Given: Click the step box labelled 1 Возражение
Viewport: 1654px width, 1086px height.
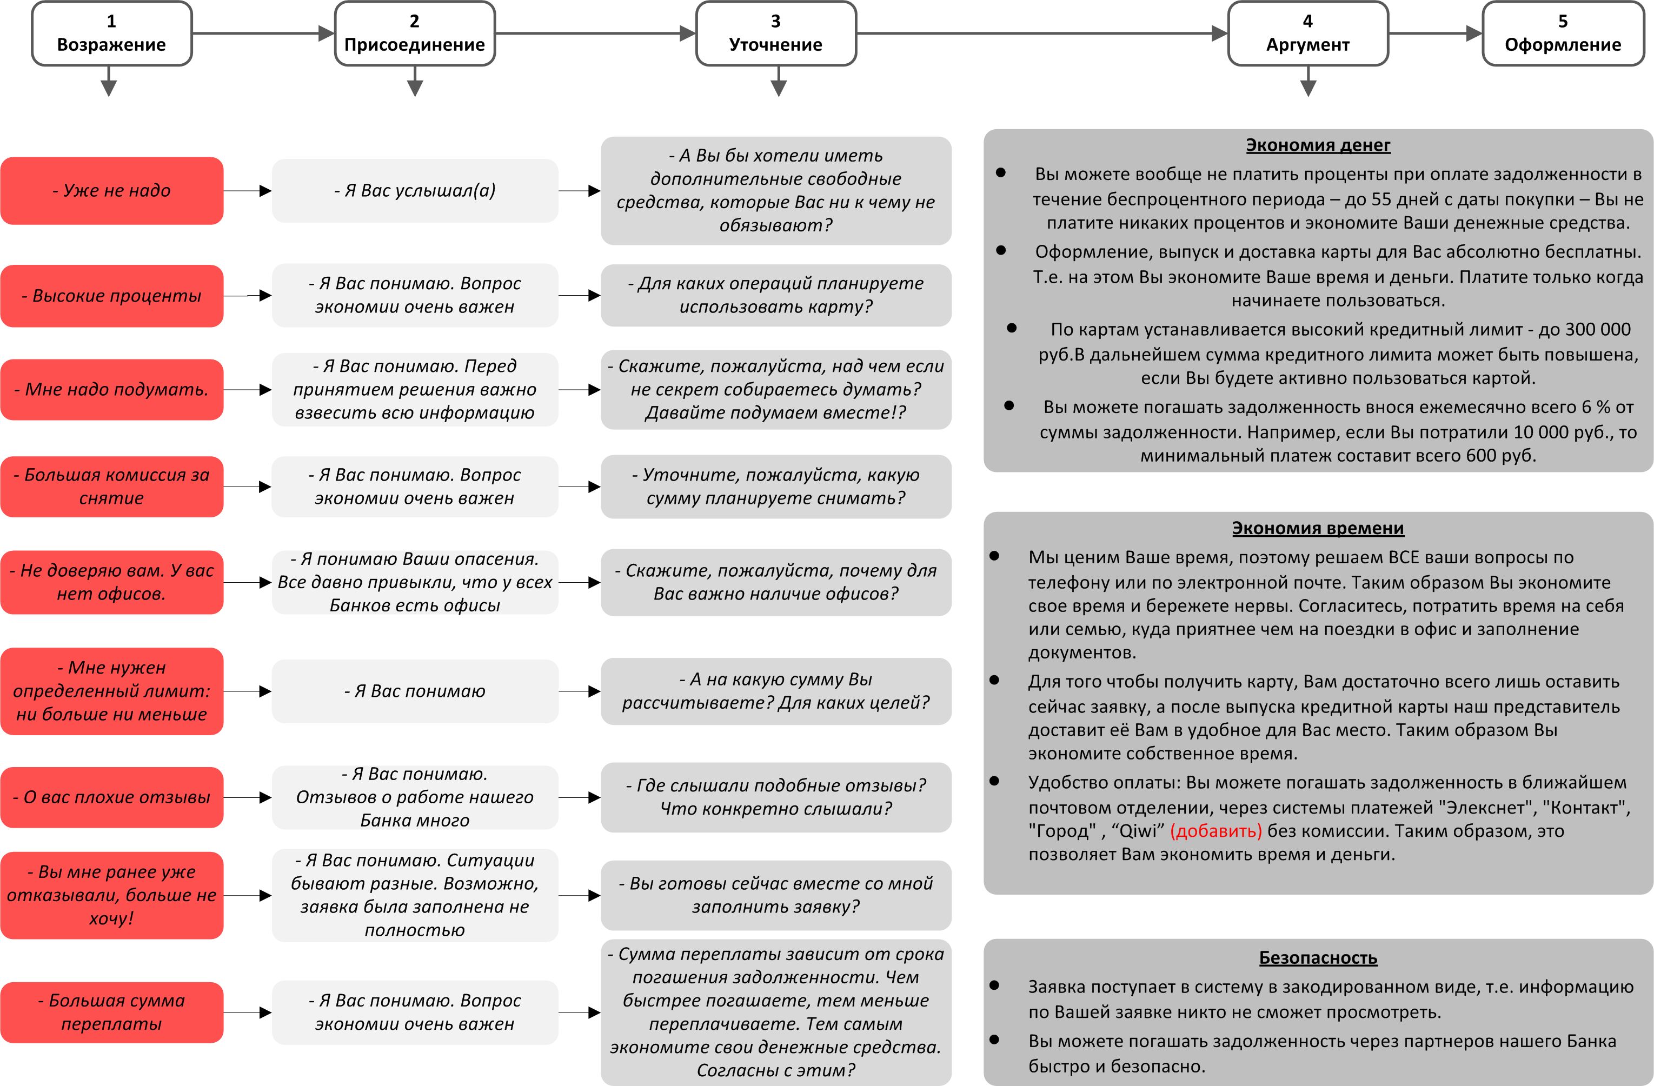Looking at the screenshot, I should [111, 34].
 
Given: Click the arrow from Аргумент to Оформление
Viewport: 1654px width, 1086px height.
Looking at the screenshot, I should [1434, 32].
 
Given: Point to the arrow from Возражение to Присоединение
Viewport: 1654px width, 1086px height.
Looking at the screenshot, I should [263, 32].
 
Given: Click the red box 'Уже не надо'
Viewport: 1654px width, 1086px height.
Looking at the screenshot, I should [111, 190].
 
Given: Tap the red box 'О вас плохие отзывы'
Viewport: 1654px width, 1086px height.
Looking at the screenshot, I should [111, 797].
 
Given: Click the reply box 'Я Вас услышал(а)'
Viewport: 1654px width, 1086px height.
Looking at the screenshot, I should [414, 190].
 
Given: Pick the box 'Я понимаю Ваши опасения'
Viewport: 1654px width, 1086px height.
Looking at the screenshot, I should [414, 582].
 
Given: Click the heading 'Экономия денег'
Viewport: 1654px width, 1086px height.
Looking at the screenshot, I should [1318, 145].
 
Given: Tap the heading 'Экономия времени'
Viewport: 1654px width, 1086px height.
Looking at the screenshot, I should [1318, 528].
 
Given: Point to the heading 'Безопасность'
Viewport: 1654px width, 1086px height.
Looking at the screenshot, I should [1318, 957].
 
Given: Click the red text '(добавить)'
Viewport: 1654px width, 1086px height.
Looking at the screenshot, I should [1215, 831].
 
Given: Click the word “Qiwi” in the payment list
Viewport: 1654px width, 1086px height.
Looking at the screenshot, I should [1138, 831].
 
